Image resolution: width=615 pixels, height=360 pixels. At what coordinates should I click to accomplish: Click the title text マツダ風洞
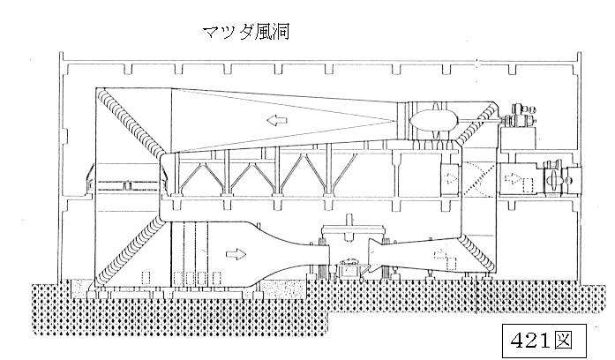pyautogui.click(x=247, y=32)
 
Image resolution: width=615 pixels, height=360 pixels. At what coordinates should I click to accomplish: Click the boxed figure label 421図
pyautogui.click(x=544, y=341)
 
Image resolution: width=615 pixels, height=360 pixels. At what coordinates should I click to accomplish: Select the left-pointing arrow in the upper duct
pyautogui.click(x=277, y=120)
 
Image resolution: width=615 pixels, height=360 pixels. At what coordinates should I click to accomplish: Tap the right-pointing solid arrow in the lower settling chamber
pyautogui.click(x=236, y=254)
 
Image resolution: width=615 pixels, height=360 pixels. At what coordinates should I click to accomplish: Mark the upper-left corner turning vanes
pyautogui.click(x=132, y=122)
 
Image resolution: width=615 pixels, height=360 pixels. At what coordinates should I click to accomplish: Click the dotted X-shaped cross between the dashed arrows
pyautogui.click(x=479, y=179)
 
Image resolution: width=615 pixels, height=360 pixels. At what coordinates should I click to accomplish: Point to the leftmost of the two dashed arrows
pyautogui.click(x=451, y=178)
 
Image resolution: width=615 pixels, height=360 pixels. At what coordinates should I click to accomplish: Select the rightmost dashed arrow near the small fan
pyautogui.click(x=513, y=178)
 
